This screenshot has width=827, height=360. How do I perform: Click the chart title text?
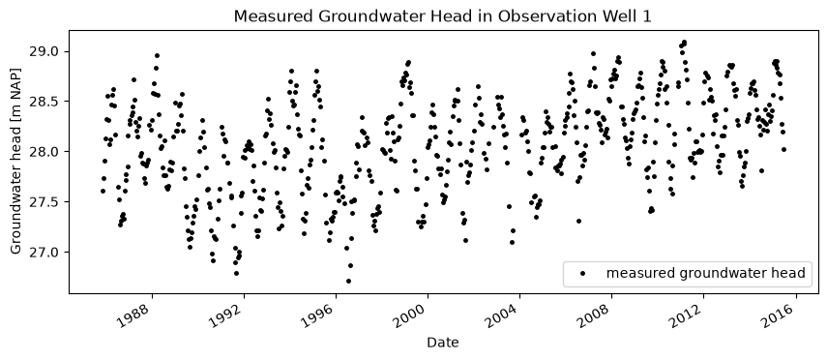442,16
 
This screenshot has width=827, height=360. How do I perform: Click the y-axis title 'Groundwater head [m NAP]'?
15,161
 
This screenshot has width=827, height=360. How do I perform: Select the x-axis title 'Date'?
442,343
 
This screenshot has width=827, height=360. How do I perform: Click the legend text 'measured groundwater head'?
706,273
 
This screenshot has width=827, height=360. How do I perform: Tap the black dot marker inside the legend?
583,273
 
